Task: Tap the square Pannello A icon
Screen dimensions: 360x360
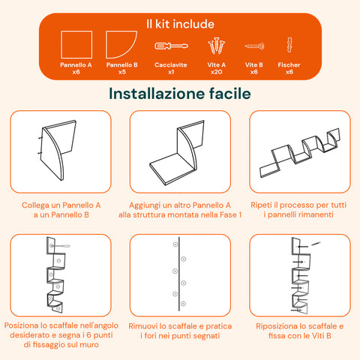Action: click(x=76, y=46)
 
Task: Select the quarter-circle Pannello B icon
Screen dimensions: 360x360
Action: click(x=121, y=46)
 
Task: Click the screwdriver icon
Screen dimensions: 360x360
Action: click(x=171, y=46)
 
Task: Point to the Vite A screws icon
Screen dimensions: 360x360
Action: click(x=217, y=46)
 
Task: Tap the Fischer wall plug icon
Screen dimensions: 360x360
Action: click(x=289, y=46)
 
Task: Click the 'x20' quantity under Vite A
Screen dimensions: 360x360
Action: click(x=217, y=72)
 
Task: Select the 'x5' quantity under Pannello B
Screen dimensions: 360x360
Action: click(x=121, y=72)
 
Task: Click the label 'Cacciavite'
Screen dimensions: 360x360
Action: click(x=171, y=65)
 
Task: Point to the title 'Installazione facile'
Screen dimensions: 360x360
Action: click(x=179, y=94)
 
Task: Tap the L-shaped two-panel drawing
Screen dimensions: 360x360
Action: click(x=180, y=151)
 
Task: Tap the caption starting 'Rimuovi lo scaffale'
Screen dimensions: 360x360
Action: click(x=180, y=332)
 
